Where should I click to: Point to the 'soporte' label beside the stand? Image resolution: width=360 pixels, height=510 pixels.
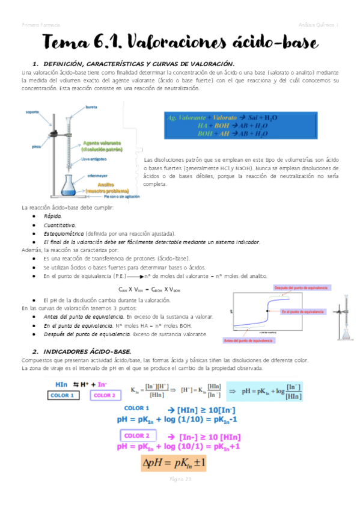point(32,111)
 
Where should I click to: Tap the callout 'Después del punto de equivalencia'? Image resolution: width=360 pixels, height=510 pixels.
point(301,288)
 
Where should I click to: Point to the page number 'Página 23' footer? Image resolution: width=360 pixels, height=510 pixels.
point(180,479)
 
